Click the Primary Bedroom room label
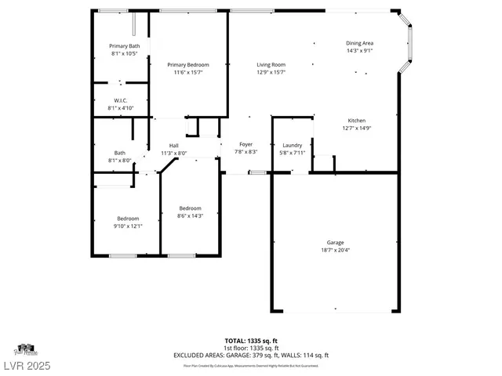tap(188, 64)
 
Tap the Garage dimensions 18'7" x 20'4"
tap(335, 251)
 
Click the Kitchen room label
tap(356, 121)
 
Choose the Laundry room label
tap(292, 145)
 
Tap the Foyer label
tap(246, 145)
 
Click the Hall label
tap(174, 146)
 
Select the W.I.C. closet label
tap(120, 99)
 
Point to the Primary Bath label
tap(123, 47)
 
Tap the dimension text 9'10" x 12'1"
tap(128, 226)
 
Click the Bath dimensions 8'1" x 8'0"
tap(119, 161)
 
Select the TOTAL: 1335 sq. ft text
tap(251, 341)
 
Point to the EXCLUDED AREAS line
tap(251, 355)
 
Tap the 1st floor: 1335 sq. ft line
tap(251, 348)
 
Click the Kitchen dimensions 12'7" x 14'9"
tap(356, 128)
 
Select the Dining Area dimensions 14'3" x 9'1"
tap(359, 50)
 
